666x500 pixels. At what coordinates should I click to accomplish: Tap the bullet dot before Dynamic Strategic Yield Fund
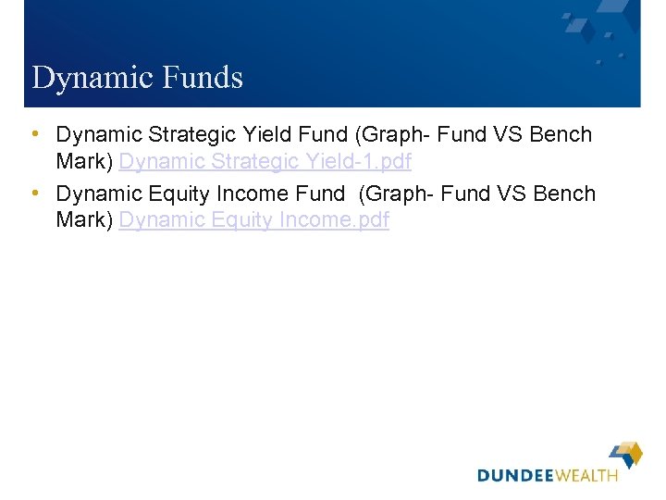click(35, 134)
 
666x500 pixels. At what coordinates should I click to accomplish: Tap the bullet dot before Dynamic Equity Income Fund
click(35, 194)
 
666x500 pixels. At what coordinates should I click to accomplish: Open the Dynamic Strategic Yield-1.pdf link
click(265, 162)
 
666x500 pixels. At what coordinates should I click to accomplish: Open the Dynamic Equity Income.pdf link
click(254, 221)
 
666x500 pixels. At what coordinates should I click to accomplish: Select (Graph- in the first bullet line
click(392, 135)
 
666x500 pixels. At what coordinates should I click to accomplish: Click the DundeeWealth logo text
click(547, 476)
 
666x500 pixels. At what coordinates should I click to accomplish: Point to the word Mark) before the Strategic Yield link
click(84, 162)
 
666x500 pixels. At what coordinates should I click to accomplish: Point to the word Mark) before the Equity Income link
click(84, 221)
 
